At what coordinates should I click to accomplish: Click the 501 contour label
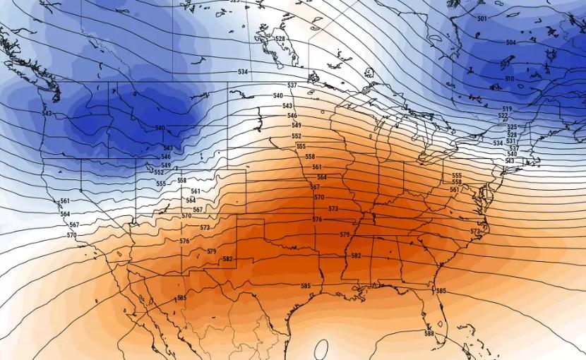(x=482, y=18)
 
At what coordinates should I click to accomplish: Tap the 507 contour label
(x=505, y=64)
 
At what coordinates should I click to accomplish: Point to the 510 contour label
(x=509, y=78)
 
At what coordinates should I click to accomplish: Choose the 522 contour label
(x=503, y=116)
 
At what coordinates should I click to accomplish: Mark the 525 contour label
(x=512, y=127)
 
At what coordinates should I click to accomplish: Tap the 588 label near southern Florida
(x=429, y=333)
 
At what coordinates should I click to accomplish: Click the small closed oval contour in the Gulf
(x=322, y=349)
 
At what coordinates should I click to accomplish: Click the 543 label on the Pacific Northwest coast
(x=47, y=114)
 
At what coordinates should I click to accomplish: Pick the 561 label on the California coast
(x=65, y=201)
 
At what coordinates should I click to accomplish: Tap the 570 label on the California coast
(x=71, y=235)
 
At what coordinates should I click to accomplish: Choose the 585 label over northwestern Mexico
(x=181, y=298)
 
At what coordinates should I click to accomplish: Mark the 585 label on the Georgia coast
(x=441, y=291)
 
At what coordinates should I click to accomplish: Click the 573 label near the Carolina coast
(x=475, y=232)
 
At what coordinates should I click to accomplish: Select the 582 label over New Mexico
(x=227, y=259)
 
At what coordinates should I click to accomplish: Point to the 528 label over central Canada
(x=280, y=39)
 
